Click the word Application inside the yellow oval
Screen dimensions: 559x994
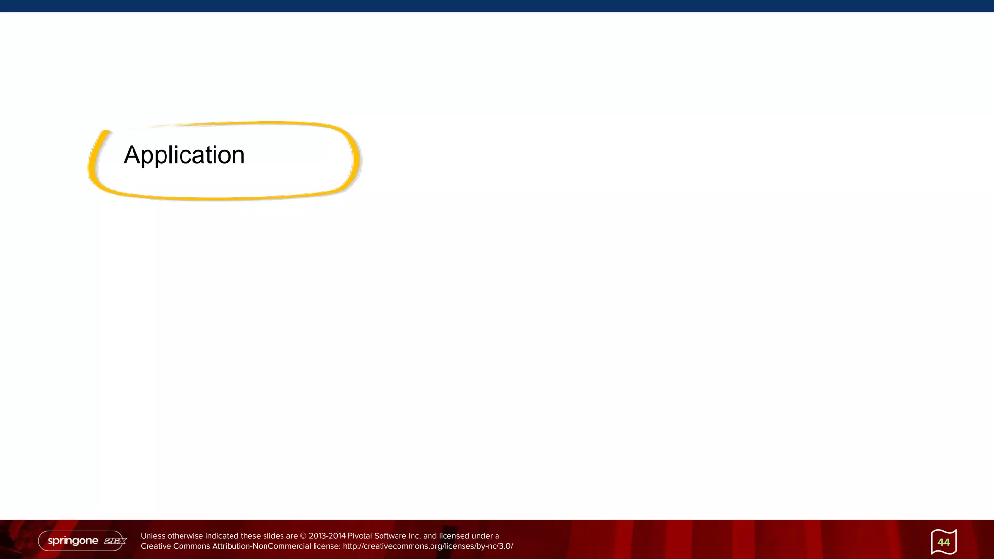184,155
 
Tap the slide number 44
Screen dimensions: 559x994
944,542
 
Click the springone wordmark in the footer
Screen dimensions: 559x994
73,541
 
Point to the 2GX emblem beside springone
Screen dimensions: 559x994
115,541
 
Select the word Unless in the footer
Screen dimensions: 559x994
153,536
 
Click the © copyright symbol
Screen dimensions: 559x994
303,536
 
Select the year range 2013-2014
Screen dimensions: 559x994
327,536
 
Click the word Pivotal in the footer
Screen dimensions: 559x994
360,536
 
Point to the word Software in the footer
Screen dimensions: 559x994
390,536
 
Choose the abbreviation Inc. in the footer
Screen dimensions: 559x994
414,536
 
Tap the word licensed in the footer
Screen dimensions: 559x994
455,536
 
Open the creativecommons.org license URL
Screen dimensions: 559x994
428,546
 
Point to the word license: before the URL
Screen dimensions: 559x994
327,546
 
